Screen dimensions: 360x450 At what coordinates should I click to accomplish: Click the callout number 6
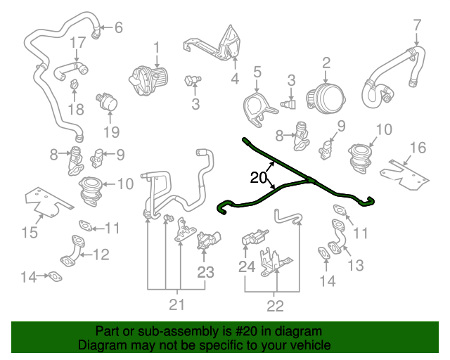118,28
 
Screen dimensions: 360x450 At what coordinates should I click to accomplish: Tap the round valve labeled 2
326,96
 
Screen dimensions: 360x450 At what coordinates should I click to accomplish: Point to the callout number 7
418,25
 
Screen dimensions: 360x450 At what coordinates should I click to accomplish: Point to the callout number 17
77,42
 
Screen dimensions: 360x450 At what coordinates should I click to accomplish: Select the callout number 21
176,304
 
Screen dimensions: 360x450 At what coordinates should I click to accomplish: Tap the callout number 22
275,305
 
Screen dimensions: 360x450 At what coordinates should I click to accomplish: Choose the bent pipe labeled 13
338,235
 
